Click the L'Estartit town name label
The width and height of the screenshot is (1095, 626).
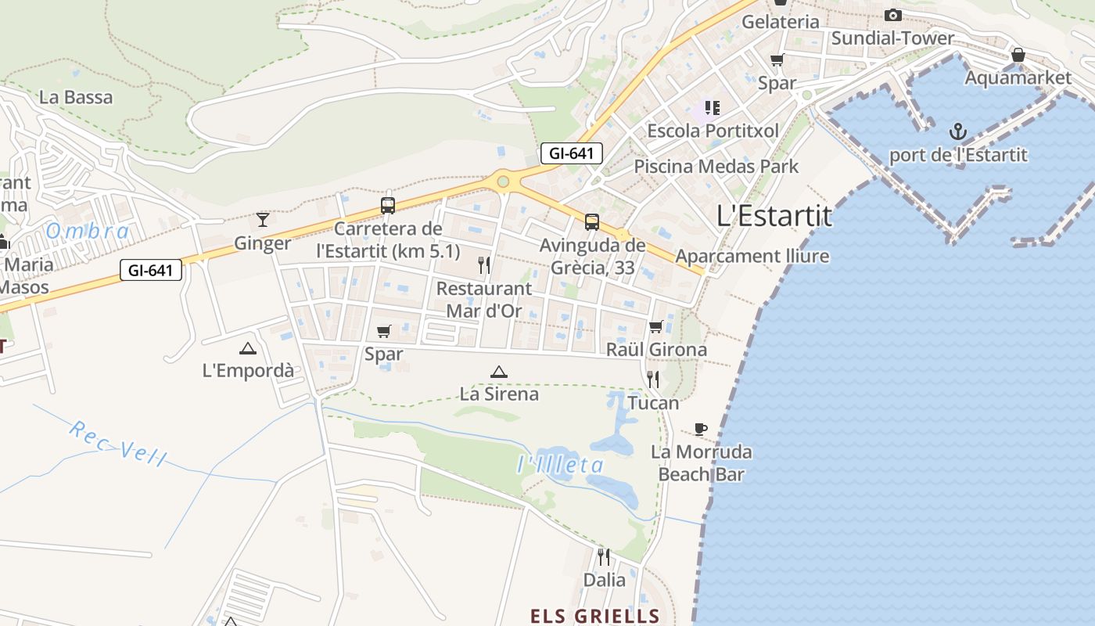point(774,216)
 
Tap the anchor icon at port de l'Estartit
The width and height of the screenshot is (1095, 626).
point(958,131)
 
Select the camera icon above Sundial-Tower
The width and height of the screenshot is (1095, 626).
point(892,15)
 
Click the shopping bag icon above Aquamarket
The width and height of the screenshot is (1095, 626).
point(1018,55)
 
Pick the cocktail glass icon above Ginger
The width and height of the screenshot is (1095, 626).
point(263,219)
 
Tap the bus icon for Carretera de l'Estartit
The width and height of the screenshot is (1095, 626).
point(387,206)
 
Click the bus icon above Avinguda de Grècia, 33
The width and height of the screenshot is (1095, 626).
point(592,221)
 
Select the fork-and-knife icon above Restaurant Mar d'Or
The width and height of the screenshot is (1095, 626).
point(484,265)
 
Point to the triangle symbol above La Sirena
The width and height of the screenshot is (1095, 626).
point(498,372)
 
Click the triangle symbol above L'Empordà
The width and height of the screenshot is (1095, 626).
point(248,348)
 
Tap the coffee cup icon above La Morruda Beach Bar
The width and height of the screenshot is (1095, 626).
point(701,429)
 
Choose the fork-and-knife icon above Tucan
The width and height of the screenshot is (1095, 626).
point(653,380)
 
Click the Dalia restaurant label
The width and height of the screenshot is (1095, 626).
point(605,580)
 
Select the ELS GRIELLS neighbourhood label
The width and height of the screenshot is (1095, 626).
point(594,616)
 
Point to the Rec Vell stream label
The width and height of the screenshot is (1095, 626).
point(117,443)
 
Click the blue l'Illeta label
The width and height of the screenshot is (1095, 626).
point(560,465)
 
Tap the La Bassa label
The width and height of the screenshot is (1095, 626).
point(76,98)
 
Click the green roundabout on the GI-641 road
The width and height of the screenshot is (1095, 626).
point(503,182)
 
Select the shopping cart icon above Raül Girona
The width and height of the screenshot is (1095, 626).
point(655,326)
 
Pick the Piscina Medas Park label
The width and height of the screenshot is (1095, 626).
point(716,167)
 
